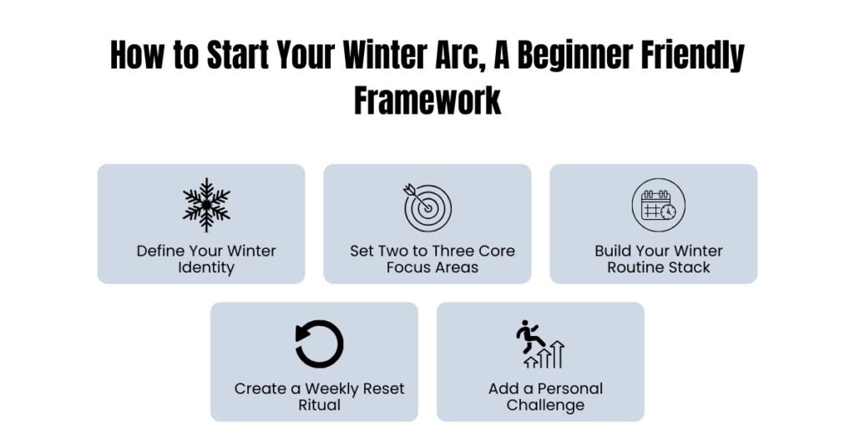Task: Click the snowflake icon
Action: pyautogui.click(x=206, y=205)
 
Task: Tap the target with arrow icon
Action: pyautogui.click(x=427, y=206)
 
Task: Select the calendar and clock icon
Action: pyautogui.click(x=658, y=206)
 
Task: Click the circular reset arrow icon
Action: pyautogui.click(x=320, y=344)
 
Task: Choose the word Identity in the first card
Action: pyautogui.click(x=206, y=268)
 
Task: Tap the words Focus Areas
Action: pyautogui.click(x=433, y=268)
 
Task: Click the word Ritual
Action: pyautogui.click(x=320, y=405)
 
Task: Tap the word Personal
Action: pyautogui.click(x=570, y=389)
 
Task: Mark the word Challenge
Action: pyautogui.click(x=545, y=405)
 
